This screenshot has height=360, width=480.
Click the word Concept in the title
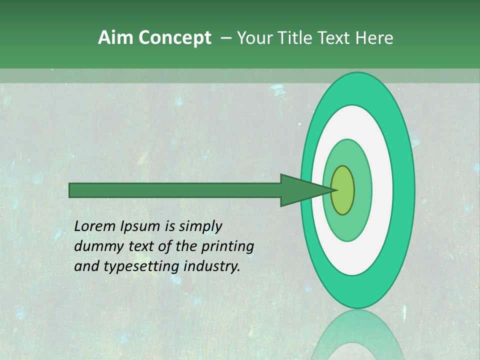[174, 38]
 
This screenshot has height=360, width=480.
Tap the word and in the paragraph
[86, 266]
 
